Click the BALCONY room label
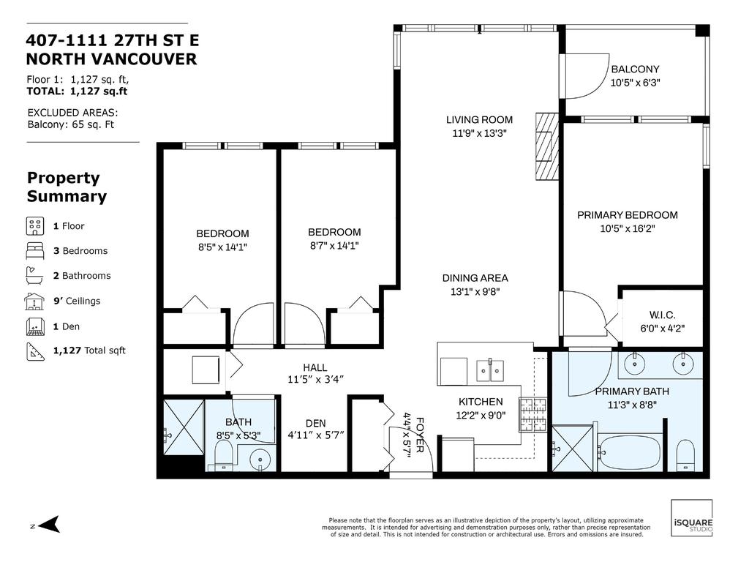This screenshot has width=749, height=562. click(x=635, y=70)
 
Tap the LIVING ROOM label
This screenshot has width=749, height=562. click(x=479, y=120)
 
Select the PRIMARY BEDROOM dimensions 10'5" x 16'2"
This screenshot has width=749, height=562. click(x=627, y=228)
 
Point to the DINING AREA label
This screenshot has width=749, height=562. click(x=475, y=278)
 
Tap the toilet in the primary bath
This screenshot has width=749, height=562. click(x=685, y=455)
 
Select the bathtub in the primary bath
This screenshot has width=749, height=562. click(x=630, y=452)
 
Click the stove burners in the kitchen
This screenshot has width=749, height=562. click(x=532, y=414)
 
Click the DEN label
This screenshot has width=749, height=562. click(x=315, y=423)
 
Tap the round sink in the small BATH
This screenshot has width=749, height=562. click(x=260, y=460)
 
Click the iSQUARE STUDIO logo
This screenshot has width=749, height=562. click(x=691, y=519)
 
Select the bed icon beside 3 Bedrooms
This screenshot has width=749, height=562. click(x=35, y=250)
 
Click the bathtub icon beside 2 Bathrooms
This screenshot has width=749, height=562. click(x=35, y=276)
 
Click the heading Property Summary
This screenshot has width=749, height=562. click(x=67, y=187)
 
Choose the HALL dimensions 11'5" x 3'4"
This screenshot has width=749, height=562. click(x=315, y=379)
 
